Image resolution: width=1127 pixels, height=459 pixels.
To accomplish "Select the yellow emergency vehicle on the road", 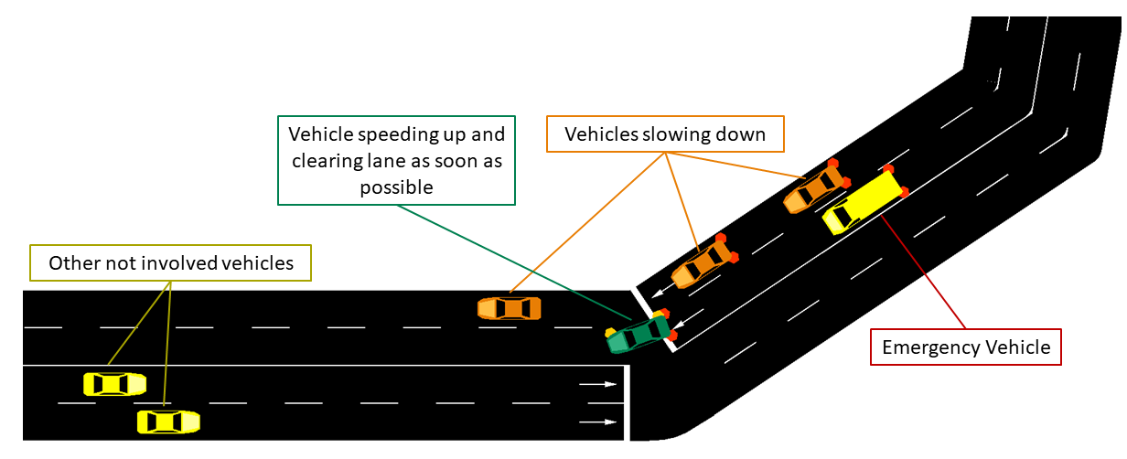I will click(864, 201).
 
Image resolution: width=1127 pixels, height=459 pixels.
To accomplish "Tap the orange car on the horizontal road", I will click(510, 308).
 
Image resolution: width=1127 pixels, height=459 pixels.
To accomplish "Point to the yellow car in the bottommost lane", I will click(168, 422).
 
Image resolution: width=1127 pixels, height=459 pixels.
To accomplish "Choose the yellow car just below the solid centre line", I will click(114, 383).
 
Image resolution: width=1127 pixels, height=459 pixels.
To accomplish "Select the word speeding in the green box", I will click(385, 134).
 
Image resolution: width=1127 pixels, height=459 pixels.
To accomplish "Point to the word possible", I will click(398, 187).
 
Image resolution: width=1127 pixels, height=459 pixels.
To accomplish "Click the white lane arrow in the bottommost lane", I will click(598, 422).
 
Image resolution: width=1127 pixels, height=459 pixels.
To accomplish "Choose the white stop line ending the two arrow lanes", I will click(628, 402).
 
